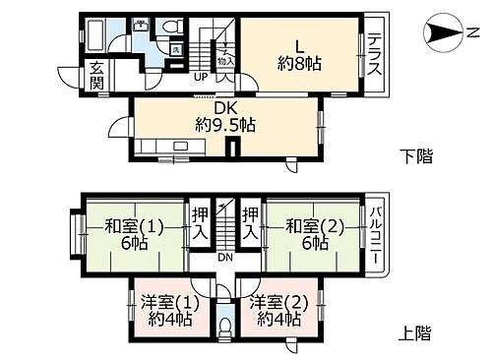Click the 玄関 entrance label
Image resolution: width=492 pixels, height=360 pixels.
97,75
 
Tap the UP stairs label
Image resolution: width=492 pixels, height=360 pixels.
200,77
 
